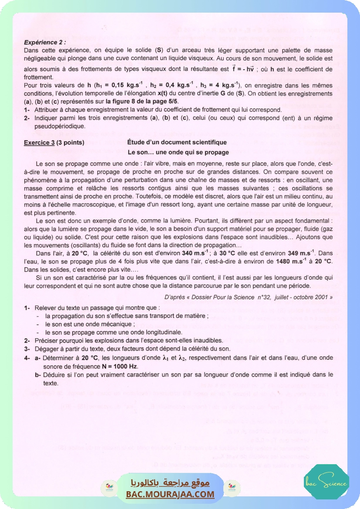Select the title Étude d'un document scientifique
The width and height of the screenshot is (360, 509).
177,142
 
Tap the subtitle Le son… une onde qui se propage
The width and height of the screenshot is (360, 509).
178,153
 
